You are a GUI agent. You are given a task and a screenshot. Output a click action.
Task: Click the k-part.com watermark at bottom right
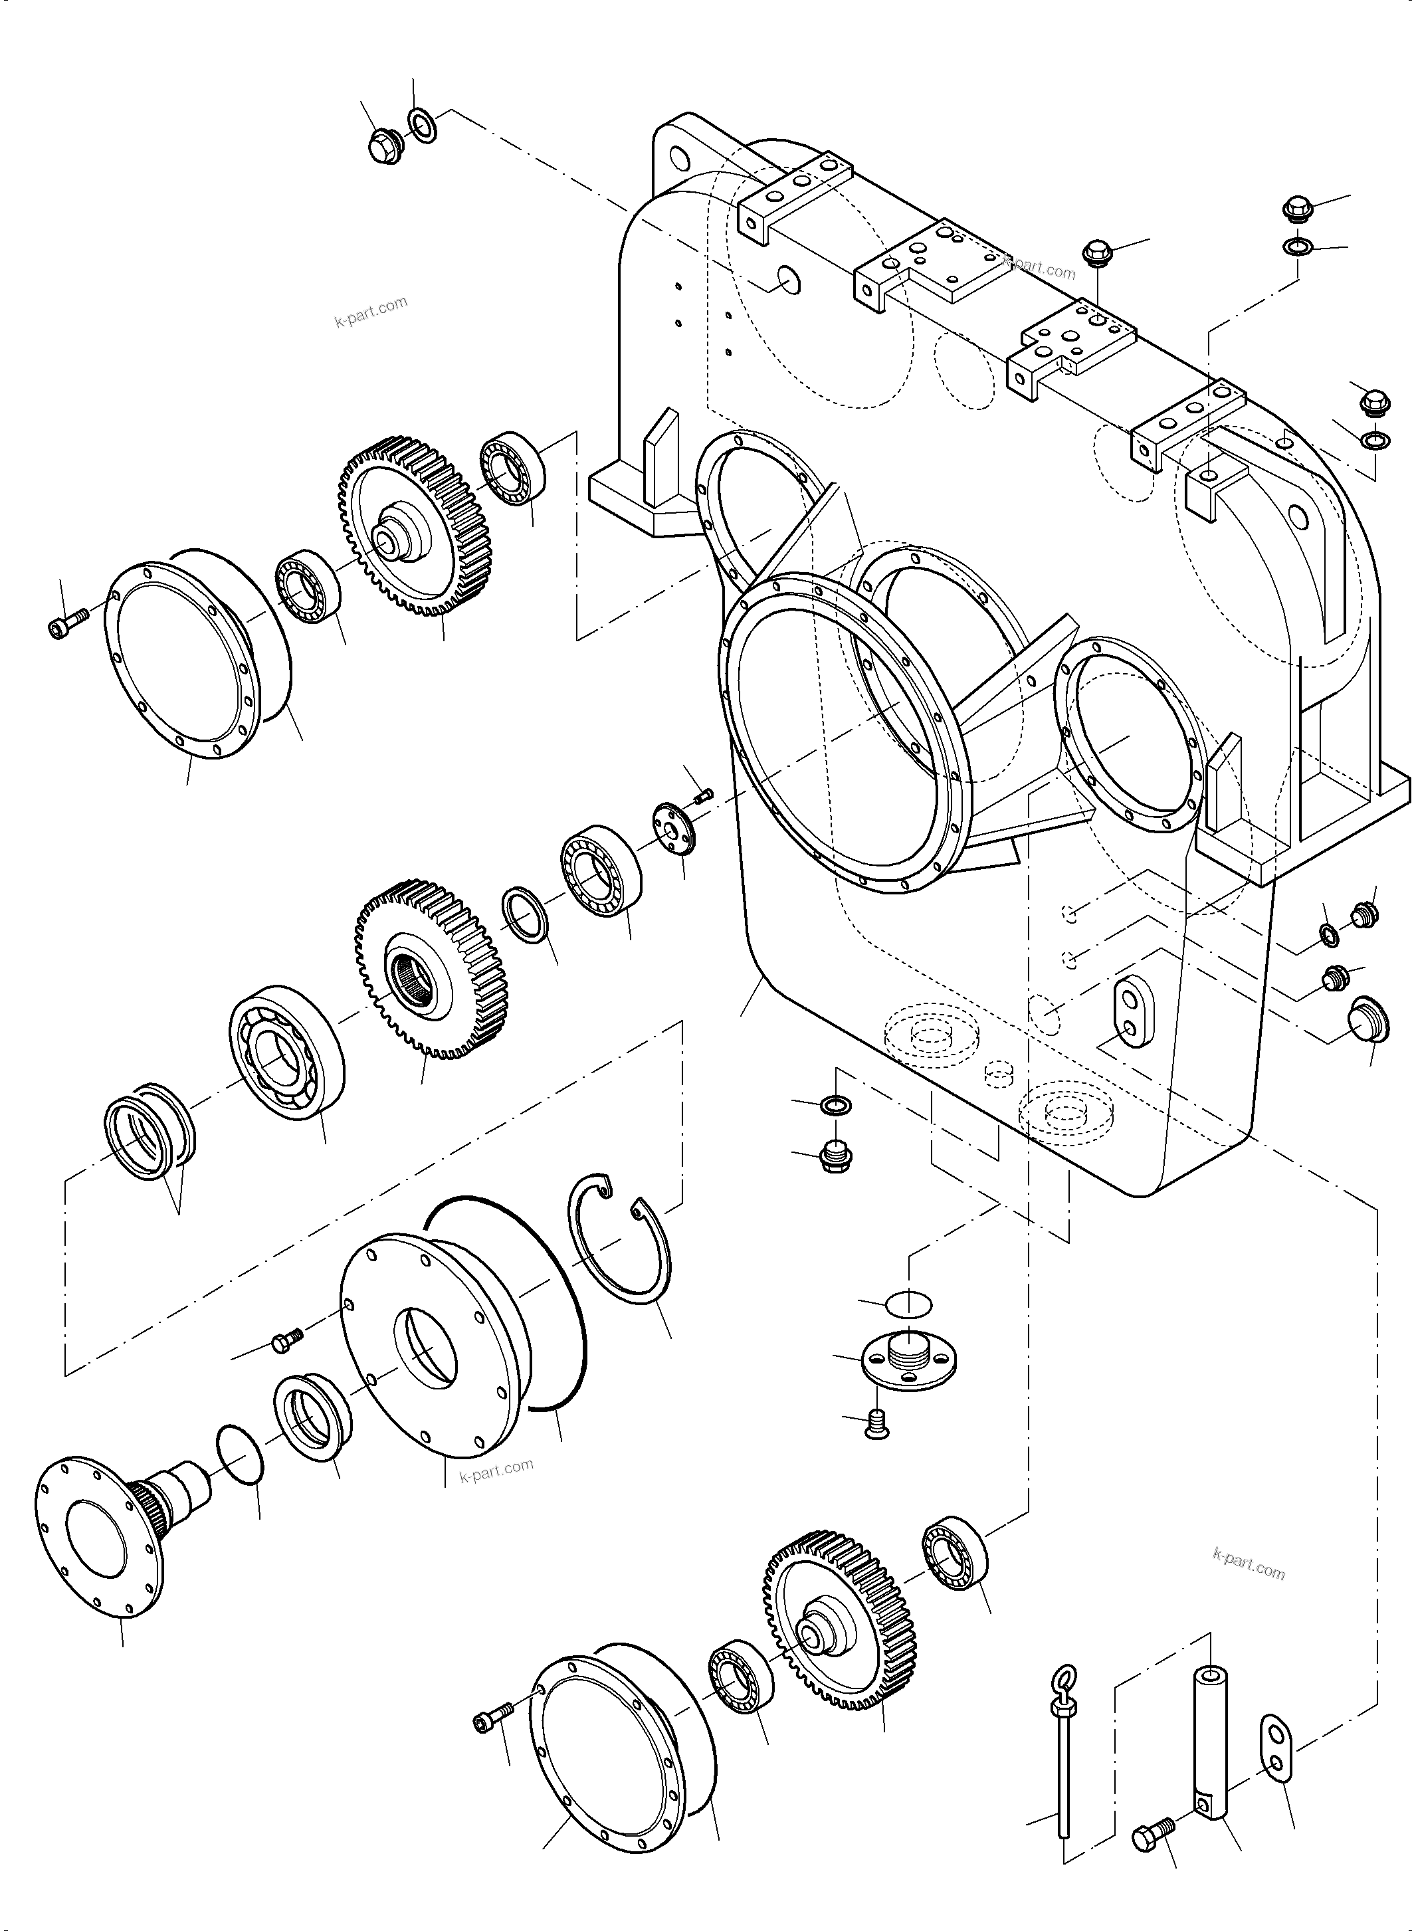(1248, 1564)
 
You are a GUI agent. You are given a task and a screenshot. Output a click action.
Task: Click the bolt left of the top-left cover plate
(66, 623)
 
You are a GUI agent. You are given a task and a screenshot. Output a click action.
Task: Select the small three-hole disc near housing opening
(675, 827)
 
